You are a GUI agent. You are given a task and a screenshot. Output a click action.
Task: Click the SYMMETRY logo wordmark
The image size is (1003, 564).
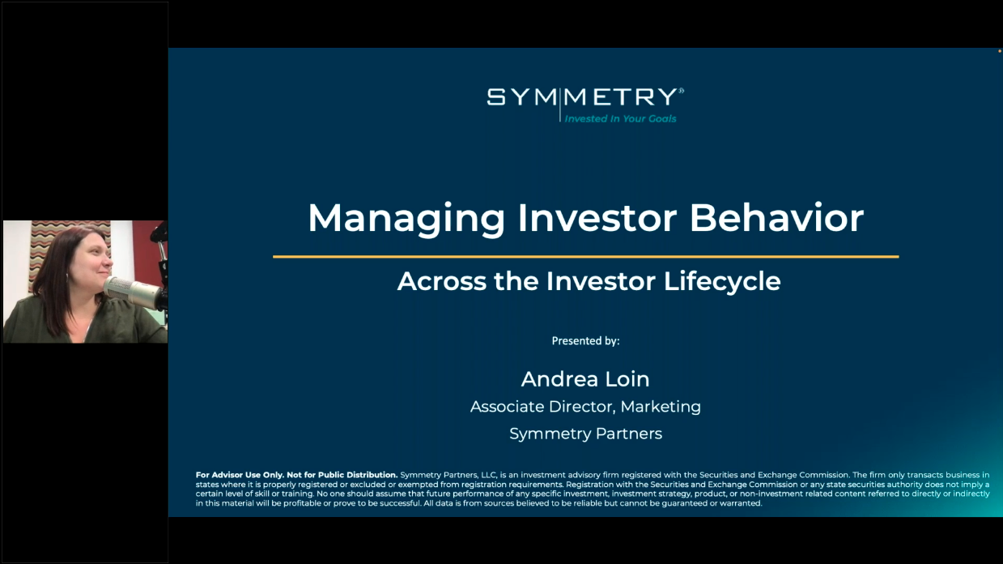coord(581,98)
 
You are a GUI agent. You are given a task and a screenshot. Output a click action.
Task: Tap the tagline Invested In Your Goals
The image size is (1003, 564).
coord(620,118)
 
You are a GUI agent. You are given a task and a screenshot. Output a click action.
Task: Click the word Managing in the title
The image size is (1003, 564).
coord(406,218)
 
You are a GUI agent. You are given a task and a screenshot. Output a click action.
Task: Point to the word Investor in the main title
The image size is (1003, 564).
coord(596,218)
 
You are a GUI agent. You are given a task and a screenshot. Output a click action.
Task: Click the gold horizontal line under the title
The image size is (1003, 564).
coord(585,257)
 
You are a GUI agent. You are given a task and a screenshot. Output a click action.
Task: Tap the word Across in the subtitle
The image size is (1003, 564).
coord(441,281)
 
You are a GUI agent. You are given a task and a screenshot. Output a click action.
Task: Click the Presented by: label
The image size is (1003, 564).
coord(585,341)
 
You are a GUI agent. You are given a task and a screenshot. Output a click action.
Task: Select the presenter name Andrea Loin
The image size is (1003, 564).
coord(585,378)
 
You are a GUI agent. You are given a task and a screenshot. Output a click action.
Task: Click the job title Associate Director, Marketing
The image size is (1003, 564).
coord(585,407)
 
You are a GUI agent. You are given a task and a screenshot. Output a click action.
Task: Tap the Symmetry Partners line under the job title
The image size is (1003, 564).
coord(585,434)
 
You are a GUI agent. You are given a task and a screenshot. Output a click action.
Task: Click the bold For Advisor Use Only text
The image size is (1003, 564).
coord(296,475)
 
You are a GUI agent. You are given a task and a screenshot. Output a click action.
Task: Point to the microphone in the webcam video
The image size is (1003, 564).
coord(130,288)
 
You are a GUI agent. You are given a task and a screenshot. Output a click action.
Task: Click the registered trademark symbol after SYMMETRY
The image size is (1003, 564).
coord(682,91)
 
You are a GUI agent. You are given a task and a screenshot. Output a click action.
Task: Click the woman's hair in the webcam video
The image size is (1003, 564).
coord(57,284)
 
